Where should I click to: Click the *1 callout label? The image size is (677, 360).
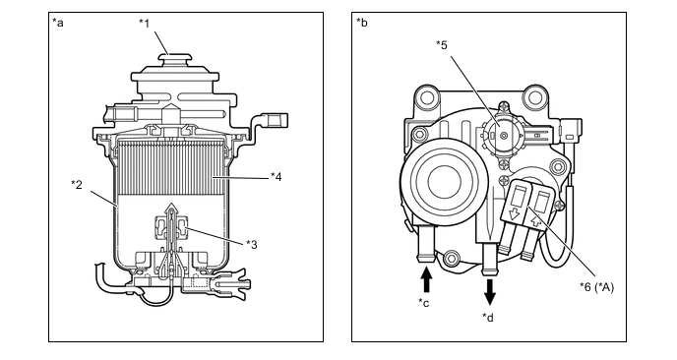(145, 23)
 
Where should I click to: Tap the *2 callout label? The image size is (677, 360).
(77, 184)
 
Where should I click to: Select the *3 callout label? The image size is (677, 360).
(252, 244)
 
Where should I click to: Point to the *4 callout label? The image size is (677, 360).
(276, 176)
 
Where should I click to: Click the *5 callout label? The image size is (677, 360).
(442, 44)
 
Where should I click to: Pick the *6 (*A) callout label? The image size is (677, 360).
(596, 287)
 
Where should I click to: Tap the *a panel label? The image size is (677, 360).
(58, 23)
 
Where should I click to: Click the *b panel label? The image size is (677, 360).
(362, 23)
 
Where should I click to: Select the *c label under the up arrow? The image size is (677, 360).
(423, 303)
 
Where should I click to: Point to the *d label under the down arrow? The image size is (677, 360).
(488, 317)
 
